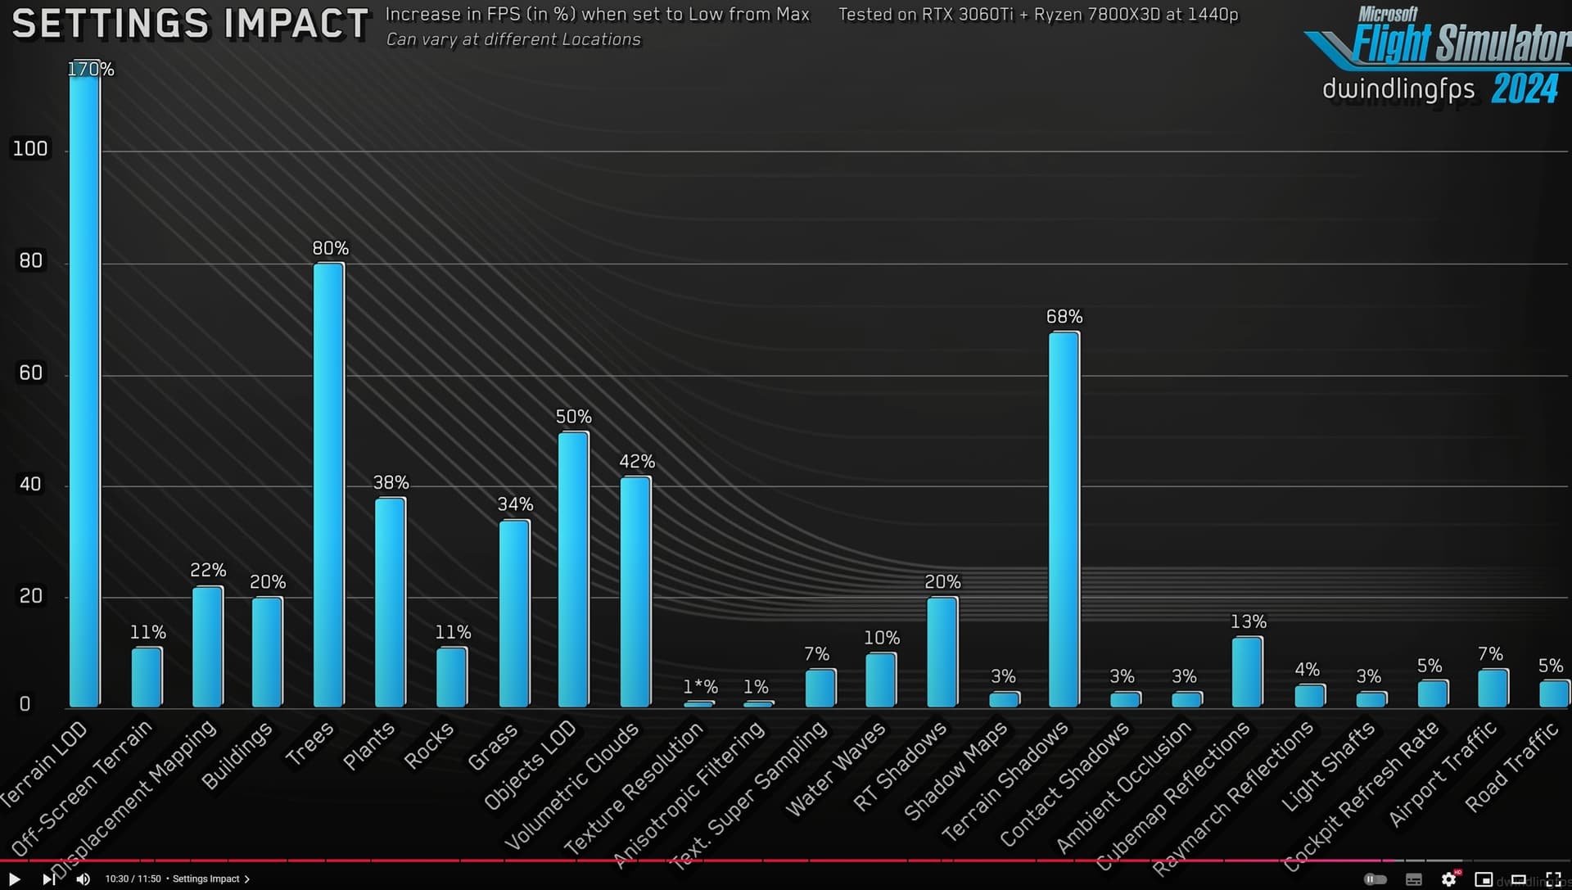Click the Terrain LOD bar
tap(84, 385)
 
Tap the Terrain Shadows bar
tap(1064, 519)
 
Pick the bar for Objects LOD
tap(573, 569)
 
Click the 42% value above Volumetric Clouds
tap(636, 462)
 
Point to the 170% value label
tap(90, 70)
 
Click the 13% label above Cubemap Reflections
tap(1248, 622)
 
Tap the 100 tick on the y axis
tap(30, 149)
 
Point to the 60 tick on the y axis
tap(30, 373)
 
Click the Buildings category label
tap(237, 756)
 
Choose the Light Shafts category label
tap(1328, 766)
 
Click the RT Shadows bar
tap(942, 652)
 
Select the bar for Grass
tap(514, 613)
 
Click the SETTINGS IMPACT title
tap(190, 24)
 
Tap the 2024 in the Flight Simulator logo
tap(1524, 88)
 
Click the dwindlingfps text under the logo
tap(1398, 88)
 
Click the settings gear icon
tap(1448, 879)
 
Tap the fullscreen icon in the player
tap(1553, 879)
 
